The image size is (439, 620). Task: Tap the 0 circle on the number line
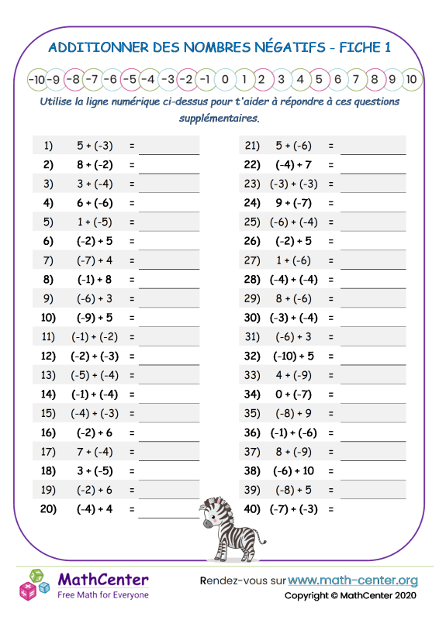224,79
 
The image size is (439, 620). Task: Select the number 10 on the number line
412,79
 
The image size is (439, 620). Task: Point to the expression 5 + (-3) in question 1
95,145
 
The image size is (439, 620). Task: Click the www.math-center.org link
353,580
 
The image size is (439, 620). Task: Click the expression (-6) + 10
294,470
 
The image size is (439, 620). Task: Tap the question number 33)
251,375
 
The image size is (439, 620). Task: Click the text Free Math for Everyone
103,594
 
